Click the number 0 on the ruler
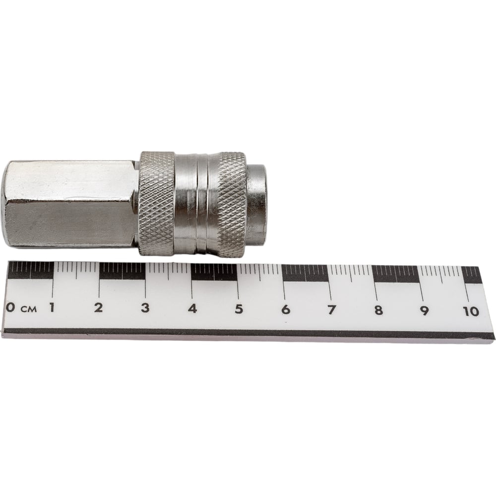(x=10, y=307)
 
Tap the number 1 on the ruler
(x=52, y=307)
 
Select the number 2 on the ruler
(x=98, y=308)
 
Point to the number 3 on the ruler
(x=145, y=308)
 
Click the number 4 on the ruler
(x=192, y=309)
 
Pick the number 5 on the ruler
(x=239, y=309)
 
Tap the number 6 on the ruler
(x=286, y=310)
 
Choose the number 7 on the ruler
(x=331, y=310)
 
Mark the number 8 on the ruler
(x=378, y=310)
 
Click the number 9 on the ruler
(x=424, y=311)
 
